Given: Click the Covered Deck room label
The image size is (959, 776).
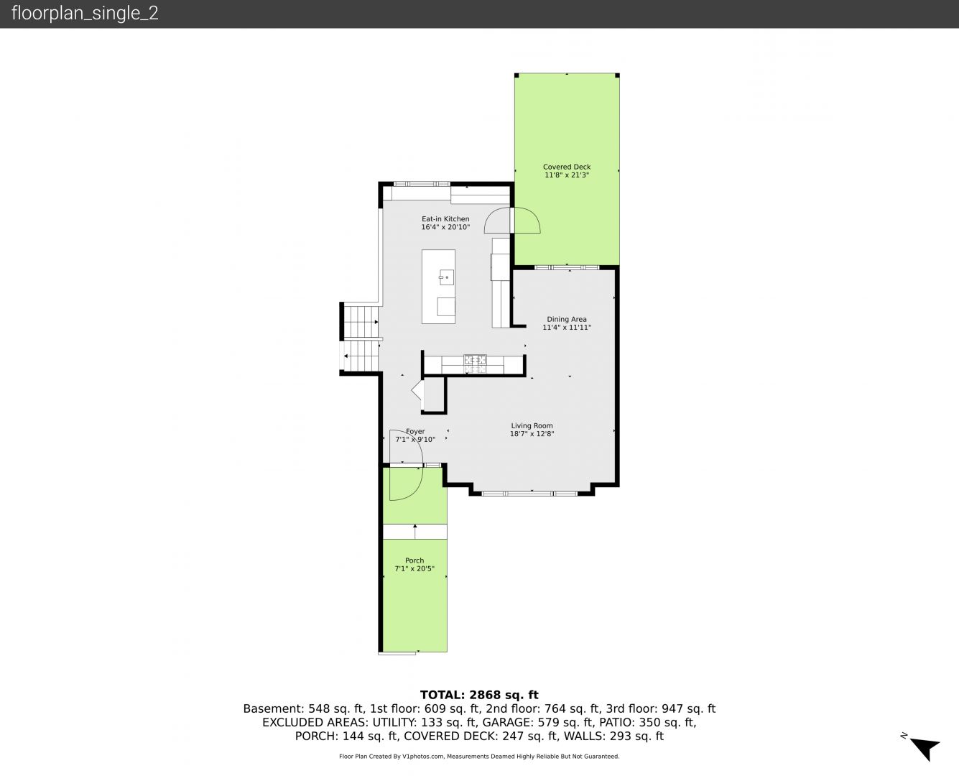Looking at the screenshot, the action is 566,167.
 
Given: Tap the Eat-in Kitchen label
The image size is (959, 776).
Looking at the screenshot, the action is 445,219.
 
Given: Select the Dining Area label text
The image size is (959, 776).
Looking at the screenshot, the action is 566,319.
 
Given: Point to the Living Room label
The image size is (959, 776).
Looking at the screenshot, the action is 532,425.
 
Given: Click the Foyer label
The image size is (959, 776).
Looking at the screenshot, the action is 415,431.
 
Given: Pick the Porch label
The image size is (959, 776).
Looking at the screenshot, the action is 414,560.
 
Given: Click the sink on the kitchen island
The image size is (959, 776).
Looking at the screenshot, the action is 446,277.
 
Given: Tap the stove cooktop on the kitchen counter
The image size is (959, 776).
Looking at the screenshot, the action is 475,364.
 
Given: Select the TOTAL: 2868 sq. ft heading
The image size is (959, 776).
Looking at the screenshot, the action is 479,695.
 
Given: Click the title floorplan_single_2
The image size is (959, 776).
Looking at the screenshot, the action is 85,14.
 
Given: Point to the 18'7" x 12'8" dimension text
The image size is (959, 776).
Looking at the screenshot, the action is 532,434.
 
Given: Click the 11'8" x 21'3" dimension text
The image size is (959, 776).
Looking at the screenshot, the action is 566,175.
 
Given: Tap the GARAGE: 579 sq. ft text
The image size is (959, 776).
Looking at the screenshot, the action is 537,722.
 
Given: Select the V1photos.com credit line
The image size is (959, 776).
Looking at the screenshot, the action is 479,756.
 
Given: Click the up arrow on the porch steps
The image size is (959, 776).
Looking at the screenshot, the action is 414,532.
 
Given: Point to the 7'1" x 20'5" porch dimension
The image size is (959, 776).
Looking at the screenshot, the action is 414,568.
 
